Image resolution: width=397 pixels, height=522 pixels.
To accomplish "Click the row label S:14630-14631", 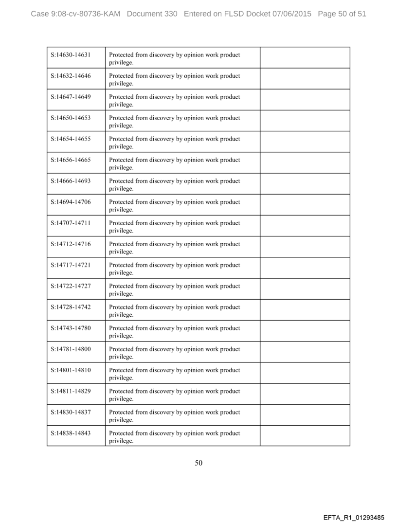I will (71, 54).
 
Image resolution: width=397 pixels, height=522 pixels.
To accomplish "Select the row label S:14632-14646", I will (71, 75).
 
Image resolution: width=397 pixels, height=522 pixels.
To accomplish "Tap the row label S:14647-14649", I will (71, 96).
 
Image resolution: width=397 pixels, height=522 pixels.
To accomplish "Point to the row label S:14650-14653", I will (71, 117).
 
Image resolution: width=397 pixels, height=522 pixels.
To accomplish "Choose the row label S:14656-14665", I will (71, 160).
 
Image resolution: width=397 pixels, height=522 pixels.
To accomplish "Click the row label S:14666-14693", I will (71, 180).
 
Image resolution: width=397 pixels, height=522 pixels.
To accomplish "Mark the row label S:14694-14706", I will (71, 201).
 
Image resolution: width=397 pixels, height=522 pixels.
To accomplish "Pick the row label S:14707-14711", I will (71, 222).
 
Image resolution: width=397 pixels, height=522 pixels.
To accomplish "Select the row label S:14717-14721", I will (71, 265).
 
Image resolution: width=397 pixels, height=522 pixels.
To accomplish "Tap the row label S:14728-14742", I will (71, 306).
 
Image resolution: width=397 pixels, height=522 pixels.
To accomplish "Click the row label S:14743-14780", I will (71, 327).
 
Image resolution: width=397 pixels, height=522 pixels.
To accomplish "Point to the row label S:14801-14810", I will (71, 370).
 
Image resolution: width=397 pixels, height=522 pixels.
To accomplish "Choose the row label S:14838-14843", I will (71, 432).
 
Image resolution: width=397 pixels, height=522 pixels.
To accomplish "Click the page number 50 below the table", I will (198, 463).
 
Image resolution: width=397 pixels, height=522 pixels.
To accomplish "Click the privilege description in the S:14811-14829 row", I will (174, 394).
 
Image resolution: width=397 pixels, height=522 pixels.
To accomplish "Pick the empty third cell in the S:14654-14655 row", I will (305, 142).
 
